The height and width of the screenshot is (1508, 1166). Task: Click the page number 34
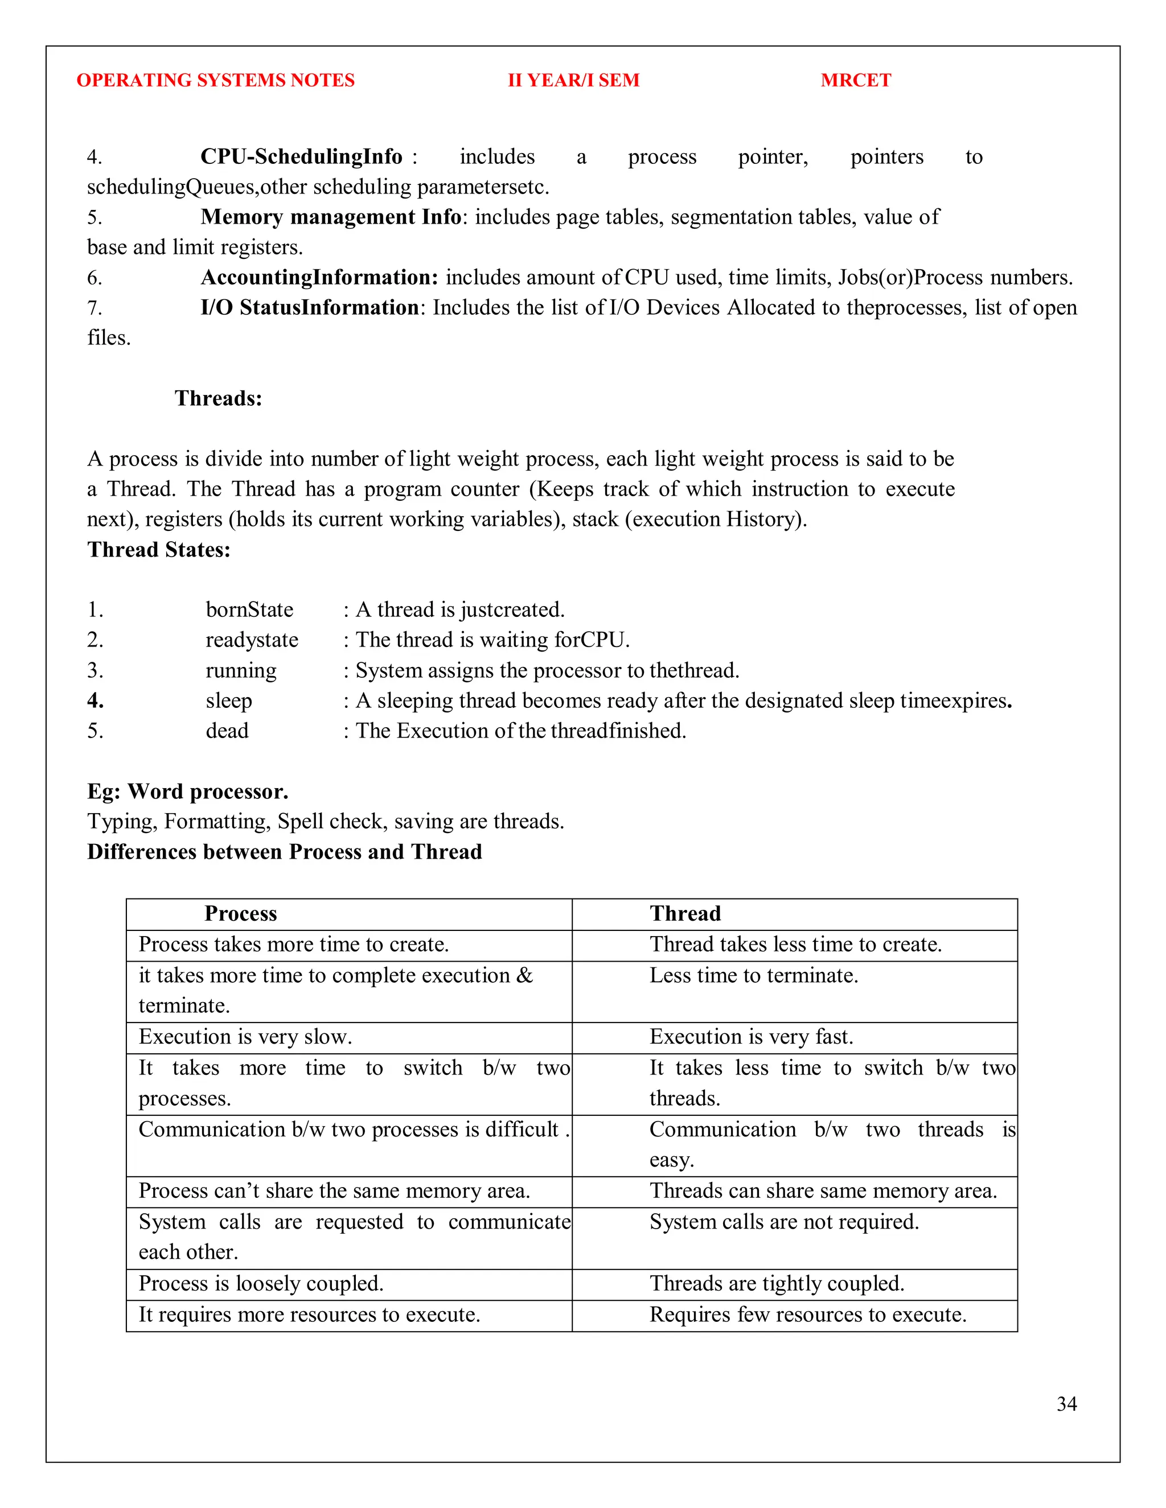pos(1066,1404)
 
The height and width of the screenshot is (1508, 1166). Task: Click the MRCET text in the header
pos(855,80)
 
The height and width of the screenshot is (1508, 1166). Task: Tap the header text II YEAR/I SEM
pos(573,80)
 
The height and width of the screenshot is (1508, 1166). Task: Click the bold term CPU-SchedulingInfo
pos(301,156)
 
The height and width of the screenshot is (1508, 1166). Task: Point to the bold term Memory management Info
pos(331,217)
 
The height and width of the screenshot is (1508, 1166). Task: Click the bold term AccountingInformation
pos(319,278)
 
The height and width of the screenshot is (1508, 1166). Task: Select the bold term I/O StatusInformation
pos(310,307)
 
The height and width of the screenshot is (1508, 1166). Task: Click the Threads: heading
pos(218,398)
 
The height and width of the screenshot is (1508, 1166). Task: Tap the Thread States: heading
pos(159,550)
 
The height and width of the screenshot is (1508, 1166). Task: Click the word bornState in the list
pos(249,609)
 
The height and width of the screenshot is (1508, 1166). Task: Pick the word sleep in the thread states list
pos(229,701)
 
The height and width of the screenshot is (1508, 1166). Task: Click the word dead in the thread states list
pos(227,731)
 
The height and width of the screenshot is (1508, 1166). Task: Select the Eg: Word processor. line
pos(188,792)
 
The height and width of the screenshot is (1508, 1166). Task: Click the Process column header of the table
pos(240,913)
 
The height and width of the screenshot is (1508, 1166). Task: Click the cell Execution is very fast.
pos(751,1036)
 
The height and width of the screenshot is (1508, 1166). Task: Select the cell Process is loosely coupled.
pos(261,1283)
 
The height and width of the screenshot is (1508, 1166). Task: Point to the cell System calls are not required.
pos(784,1221)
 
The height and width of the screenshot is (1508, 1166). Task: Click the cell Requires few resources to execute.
pos(807,1314)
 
